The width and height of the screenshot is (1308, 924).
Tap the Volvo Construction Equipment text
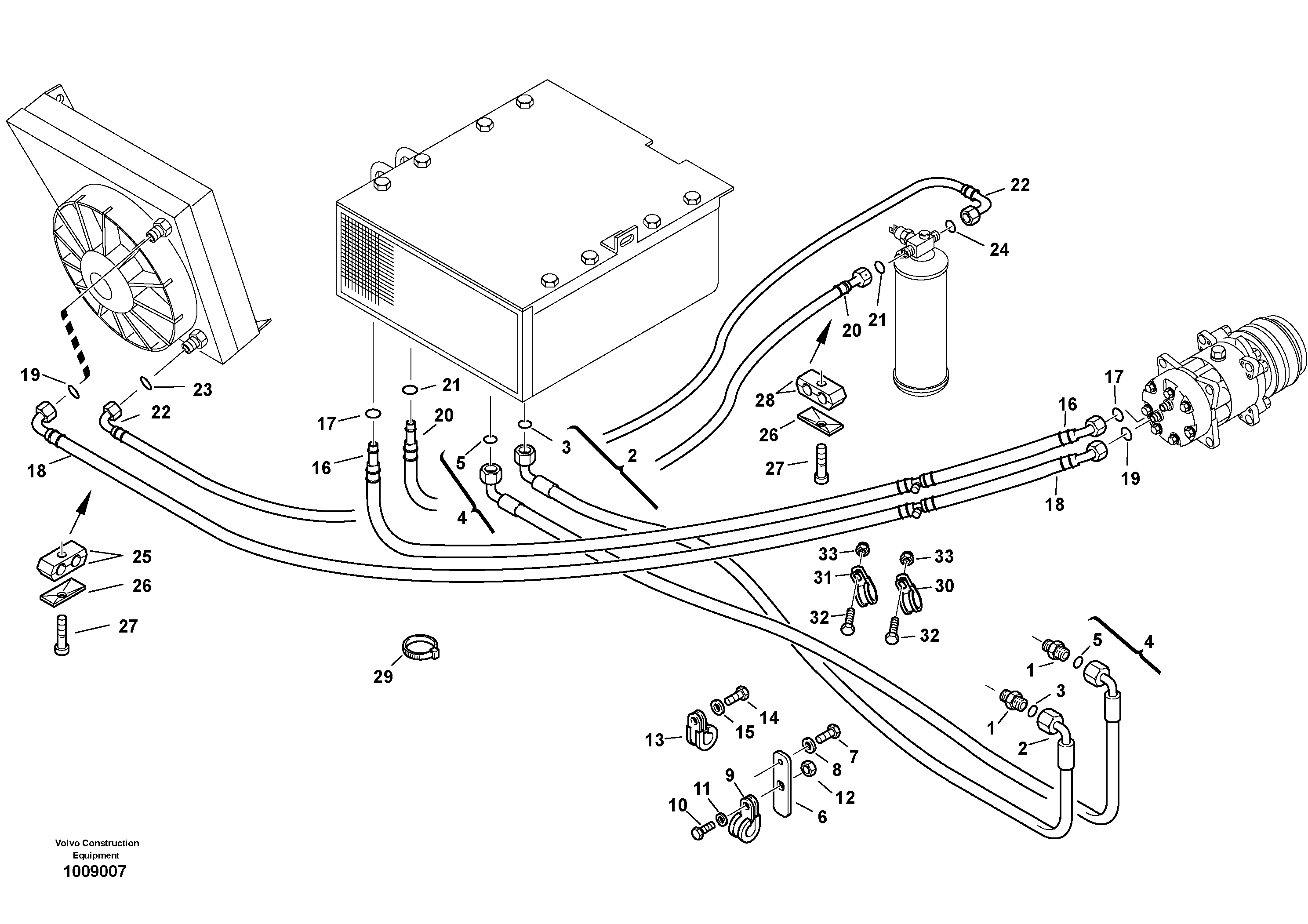click(97, 849)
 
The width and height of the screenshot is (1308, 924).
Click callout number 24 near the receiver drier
click(999, 250)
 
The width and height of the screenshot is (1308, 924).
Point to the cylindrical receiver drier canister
click(921, 331)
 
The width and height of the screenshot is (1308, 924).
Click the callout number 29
click(383, 677)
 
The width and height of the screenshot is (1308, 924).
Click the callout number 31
click(823, 578)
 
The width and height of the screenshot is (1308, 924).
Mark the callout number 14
click(769, 717)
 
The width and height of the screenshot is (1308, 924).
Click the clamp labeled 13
click(700, 730)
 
